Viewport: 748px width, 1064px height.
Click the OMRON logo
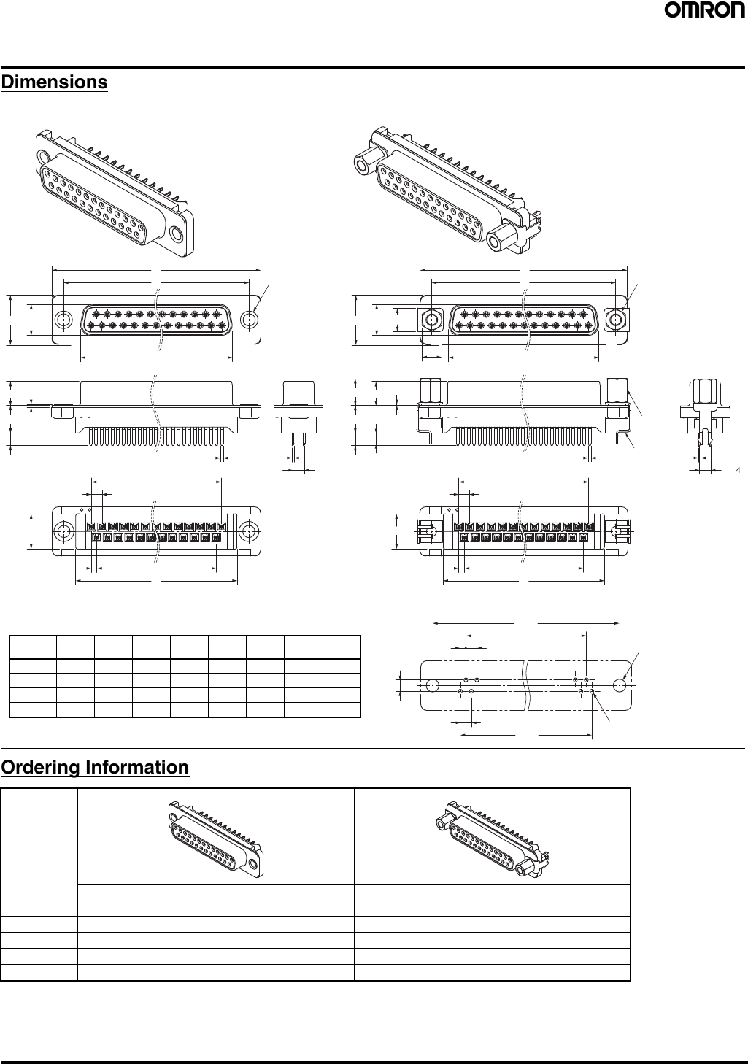[x=703, y=12]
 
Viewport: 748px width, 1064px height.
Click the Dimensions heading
[x=54, y=82]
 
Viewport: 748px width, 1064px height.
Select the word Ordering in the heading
[x=41, y=768]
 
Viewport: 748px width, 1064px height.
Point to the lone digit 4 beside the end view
[x=738, y=470]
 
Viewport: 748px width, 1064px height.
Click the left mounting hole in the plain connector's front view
[x=63, y=320]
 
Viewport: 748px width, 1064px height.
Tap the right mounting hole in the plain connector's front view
[x=250, y=320]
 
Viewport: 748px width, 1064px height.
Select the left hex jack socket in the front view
[x=432, y=320]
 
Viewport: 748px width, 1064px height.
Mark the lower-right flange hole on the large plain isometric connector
[x=176, y=234]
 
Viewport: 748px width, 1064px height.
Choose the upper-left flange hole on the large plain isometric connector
[x=45, y=157]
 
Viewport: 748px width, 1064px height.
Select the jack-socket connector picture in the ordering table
[x=492, y=836]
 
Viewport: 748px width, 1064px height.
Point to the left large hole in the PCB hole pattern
[x=432, y=685]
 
